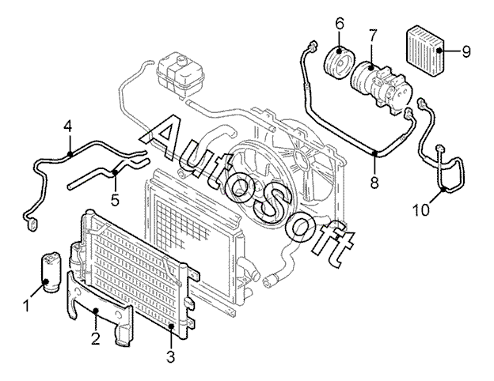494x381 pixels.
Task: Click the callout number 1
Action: (x=27, y=305)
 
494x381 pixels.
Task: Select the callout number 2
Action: (x=96, y=338)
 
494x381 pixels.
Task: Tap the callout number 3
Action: (x=170, y=356)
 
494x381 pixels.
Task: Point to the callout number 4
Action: (x=68, y=126)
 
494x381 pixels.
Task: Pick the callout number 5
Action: (x=116, y=200)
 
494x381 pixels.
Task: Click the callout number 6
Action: (x=340, y=24)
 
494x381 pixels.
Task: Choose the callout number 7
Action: (x=372, y=36)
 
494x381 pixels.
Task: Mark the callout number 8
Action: (x=374, y=183)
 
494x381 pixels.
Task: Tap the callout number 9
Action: (x=466, y=51)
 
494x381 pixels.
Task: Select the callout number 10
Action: (x=421, y=209)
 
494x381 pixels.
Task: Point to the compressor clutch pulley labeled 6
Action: (x=340, y=63)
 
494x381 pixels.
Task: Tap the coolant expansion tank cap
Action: (x=180, y=60)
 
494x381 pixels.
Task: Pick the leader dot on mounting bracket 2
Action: (x=96, y=311)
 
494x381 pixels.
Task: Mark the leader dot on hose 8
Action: (x=375, y=153)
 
